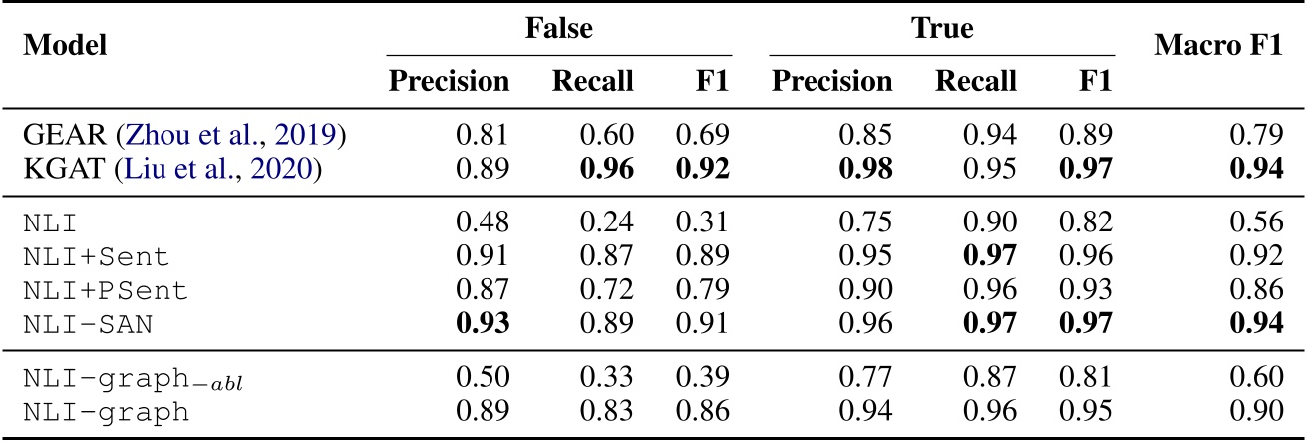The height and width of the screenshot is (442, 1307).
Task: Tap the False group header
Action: pos(559,28)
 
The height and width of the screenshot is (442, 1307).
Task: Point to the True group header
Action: pos(942,28)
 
